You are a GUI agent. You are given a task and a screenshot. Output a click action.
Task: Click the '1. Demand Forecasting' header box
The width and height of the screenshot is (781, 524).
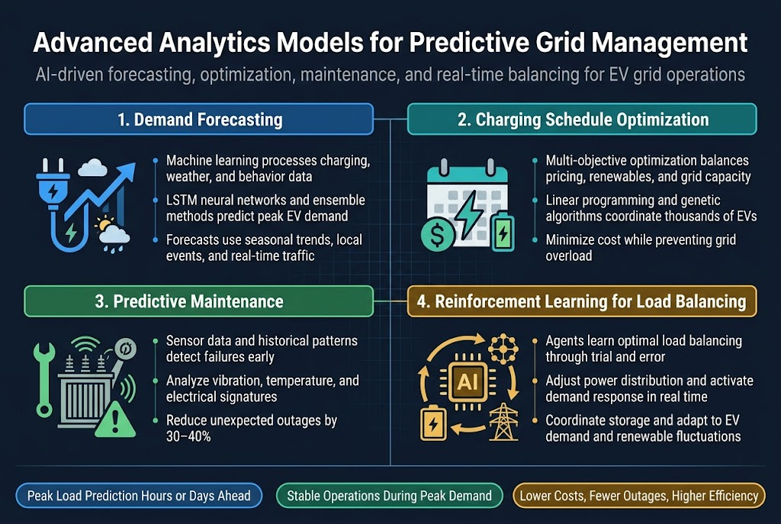click(x=198, y=120)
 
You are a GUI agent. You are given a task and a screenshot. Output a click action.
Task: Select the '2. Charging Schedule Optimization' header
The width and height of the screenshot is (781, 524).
click(x=582, y=120)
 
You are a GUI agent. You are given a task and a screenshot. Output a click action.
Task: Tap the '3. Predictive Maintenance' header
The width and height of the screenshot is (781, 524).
click(x=198, y=301)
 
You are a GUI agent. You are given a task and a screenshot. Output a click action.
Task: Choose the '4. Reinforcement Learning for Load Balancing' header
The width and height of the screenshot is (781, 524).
click(x=582, y=301)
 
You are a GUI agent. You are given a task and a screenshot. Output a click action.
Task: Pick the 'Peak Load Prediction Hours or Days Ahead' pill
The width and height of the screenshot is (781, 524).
click(x=139, y=496)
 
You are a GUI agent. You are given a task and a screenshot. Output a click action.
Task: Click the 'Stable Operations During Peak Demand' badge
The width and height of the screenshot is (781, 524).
click(x=389, y=496)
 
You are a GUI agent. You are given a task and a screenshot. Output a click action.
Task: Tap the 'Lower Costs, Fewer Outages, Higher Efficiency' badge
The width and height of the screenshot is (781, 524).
click(x=639, y=496)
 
